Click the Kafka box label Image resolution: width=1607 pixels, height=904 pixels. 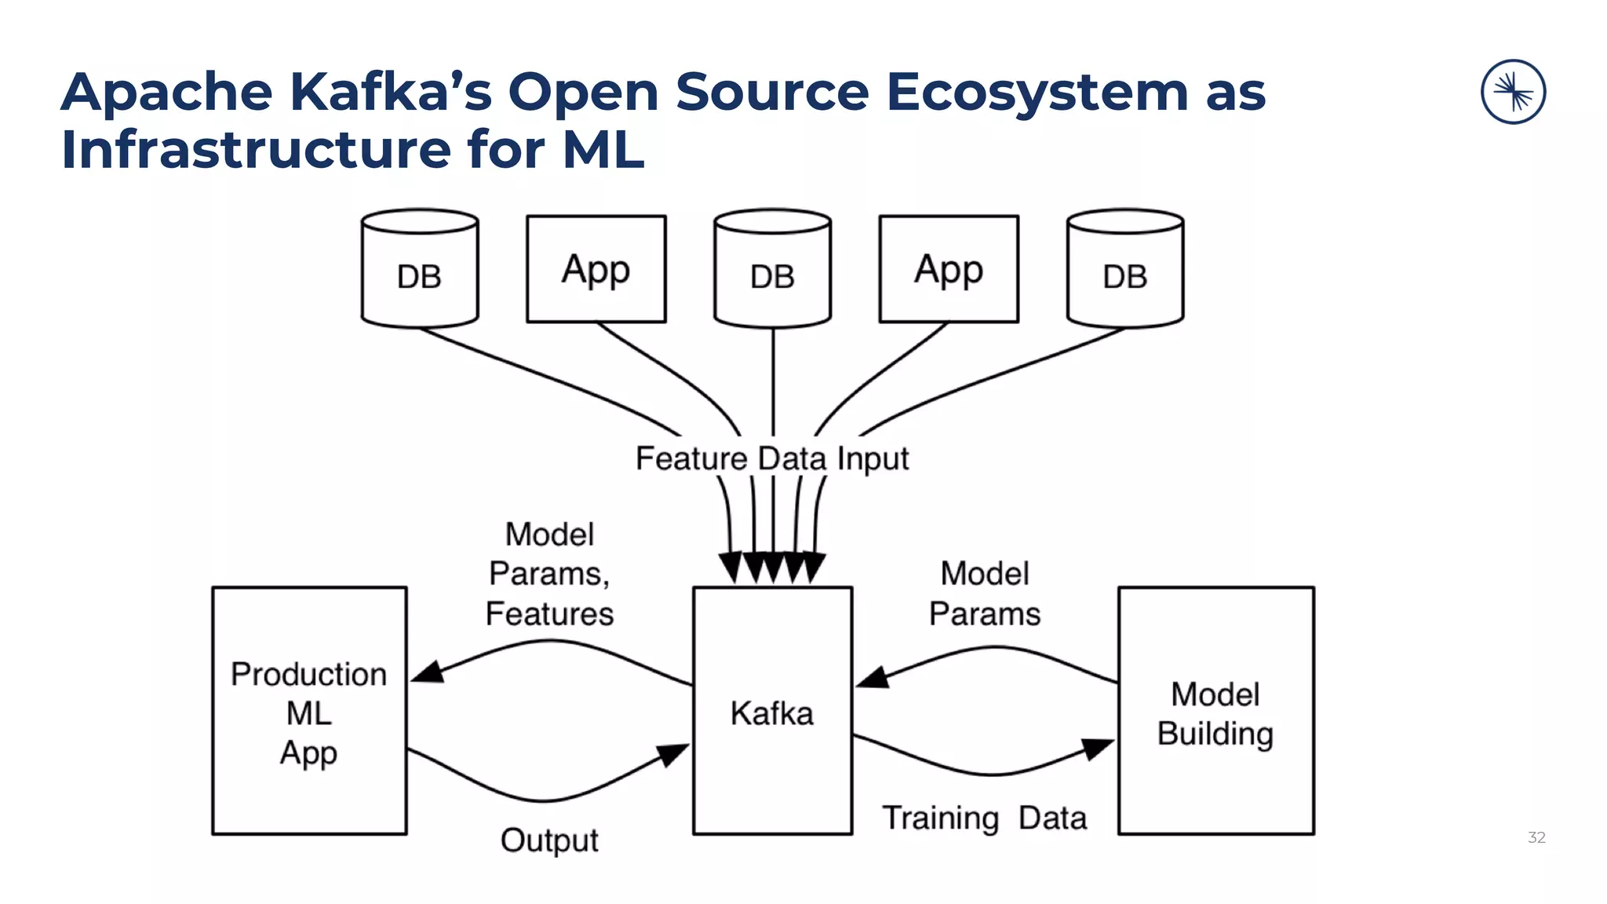pos(772,713)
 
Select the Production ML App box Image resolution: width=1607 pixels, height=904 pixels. pos(309,710)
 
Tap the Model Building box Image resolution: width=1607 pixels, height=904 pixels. pos(1215,710)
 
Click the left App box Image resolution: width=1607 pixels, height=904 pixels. pos(596,269)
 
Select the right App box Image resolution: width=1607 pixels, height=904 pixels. pos(949,269)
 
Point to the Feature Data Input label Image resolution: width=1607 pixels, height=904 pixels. pos(772,458)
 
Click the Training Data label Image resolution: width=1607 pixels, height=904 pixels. pos(985,818)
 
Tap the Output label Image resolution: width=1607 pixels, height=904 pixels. pos(549,840)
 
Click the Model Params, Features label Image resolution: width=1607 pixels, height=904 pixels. pos(549,574)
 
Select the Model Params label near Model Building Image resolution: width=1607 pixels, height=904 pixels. pos(985,593)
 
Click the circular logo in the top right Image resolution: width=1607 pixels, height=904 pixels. pos(1513,92)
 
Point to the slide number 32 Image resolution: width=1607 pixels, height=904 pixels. pos(1536,837)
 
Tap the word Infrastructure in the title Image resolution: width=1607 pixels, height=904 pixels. pos(256,149)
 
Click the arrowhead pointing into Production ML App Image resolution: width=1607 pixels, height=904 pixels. pos(428,672)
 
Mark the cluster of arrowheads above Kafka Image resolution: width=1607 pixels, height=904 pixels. pos(772,567)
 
